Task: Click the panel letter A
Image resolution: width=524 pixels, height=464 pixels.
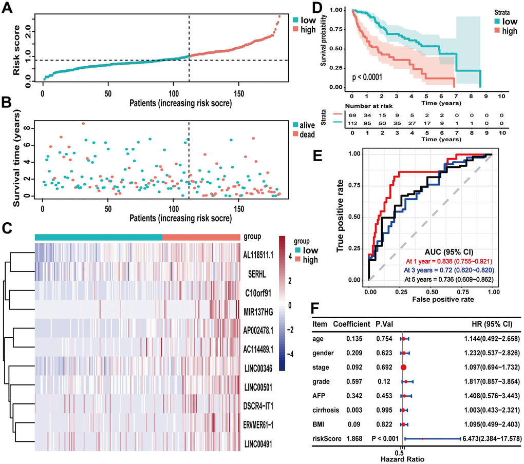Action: point(9,9)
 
